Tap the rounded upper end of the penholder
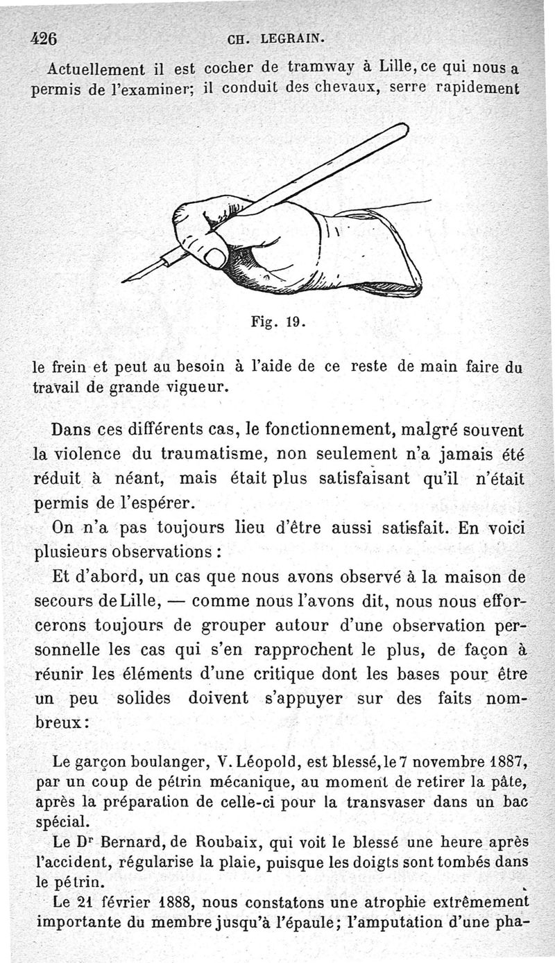point(403,129)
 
